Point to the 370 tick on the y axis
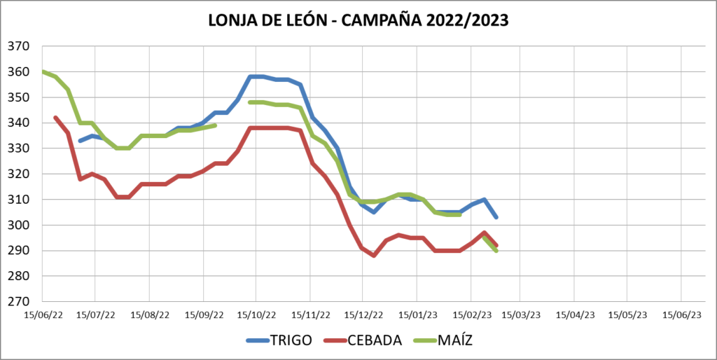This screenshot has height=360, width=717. (x=19, y=46)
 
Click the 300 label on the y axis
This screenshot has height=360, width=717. (x=19, y=225)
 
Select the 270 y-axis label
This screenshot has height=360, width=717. (x=19, y=302)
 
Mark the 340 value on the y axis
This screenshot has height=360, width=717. (x=19, y=123)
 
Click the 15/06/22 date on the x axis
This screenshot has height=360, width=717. (x=43, y=315)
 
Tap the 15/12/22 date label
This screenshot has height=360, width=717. (x=363, y=315)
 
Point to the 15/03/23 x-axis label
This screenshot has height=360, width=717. (x=520, y=315)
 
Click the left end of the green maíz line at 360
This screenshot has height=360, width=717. (x=43, y=71)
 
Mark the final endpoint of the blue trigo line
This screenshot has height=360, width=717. (x=496, y=217)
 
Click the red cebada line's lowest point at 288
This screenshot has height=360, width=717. (x=375, y=256)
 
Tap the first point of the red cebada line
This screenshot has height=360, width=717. (x=55, y=118)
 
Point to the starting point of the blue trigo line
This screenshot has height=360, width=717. (x=80, y=141)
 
